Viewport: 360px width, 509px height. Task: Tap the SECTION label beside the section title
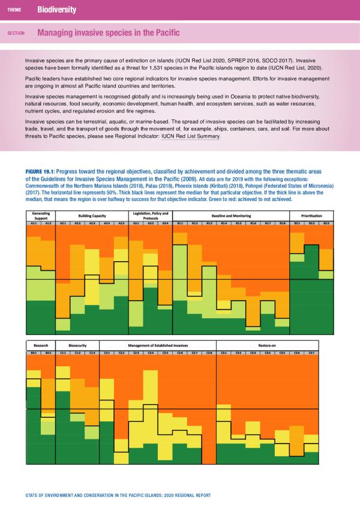point(16,34)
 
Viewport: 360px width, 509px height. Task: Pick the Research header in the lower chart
point(40,346)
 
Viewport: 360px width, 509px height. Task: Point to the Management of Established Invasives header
point(157,346)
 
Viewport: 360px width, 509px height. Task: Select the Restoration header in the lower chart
point(267,346)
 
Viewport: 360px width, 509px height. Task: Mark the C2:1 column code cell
point(106,354)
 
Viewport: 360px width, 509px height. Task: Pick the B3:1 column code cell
point(33,354)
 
